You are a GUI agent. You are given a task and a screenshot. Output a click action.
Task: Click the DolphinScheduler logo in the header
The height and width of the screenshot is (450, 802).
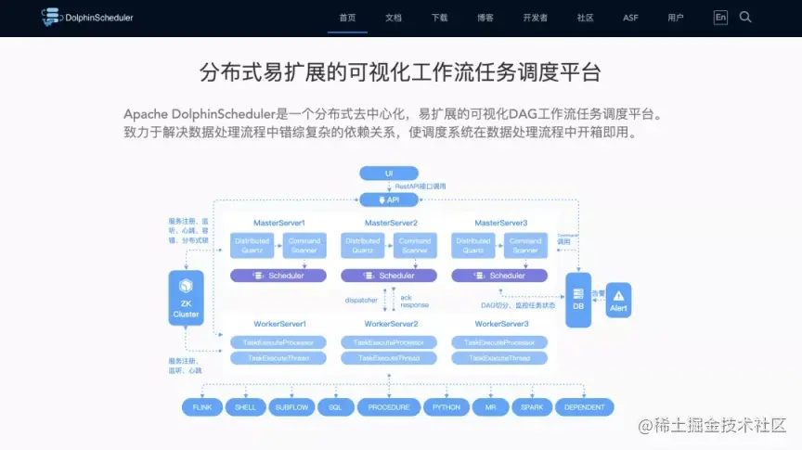[87, 17]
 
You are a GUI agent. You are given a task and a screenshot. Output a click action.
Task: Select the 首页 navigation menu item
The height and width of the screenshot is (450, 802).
[347, 18]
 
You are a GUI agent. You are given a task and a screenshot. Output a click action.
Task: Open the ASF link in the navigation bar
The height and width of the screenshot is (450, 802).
[630, 18]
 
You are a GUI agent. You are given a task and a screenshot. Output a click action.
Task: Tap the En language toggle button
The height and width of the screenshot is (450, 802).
[720, 17]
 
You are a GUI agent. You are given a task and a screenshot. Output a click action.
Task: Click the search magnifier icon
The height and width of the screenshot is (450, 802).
[745, 17]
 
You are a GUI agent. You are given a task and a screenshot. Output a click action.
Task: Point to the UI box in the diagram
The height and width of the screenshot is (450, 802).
[389, 174]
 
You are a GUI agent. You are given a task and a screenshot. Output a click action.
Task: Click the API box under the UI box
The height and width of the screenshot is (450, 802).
[389, 199]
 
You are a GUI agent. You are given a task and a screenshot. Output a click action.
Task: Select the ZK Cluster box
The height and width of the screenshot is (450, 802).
[186, 299]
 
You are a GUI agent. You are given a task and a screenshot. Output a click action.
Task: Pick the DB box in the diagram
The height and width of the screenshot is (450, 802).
[578, 300]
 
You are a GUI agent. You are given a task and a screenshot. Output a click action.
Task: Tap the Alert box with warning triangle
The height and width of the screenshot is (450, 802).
[618, 301]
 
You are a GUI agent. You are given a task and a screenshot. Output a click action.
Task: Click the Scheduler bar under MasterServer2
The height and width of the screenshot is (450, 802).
[390, 276]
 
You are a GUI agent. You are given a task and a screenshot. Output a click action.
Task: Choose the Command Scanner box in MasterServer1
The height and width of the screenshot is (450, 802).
[304, 246]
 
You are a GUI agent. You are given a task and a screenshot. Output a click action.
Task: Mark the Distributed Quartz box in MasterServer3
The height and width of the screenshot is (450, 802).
[472, 246]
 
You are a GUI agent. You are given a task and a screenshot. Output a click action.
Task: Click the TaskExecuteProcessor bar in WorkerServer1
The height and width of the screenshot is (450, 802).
[278, 342]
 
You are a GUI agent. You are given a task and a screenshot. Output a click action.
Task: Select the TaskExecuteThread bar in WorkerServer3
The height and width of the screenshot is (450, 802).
[499, 357]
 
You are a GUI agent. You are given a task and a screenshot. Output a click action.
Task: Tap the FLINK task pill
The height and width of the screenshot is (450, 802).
[202, 407]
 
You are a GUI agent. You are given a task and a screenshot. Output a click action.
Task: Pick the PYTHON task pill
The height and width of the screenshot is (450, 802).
[446, 407]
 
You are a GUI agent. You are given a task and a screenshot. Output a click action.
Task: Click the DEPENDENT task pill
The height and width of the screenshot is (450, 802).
[585, 407]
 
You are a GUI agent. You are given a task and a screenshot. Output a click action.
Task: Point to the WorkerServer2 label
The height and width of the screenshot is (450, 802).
[390, 323]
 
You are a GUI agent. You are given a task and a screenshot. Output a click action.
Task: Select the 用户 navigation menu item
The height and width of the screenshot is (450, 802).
[675, 18]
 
